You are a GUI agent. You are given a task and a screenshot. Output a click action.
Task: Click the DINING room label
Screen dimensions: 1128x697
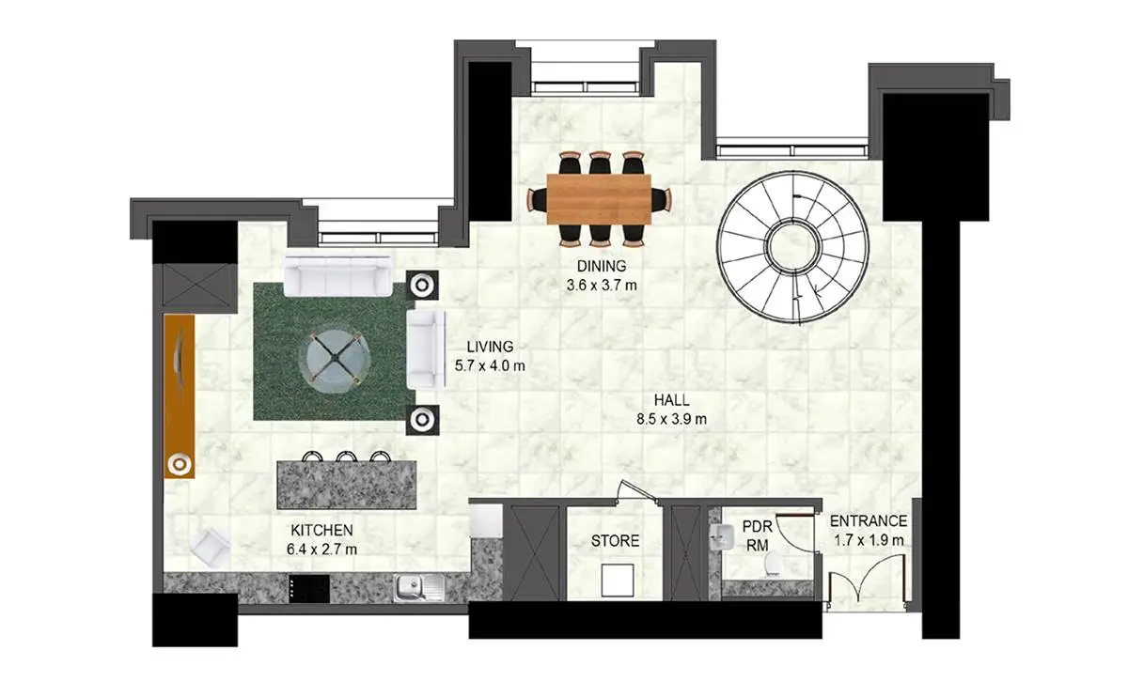602,266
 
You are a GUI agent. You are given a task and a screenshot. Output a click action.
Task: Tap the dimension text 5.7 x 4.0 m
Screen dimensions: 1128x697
490,365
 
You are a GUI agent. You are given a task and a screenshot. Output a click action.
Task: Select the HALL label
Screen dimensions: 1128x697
671,400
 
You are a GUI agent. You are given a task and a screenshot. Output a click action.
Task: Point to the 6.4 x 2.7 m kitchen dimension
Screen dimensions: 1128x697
321,549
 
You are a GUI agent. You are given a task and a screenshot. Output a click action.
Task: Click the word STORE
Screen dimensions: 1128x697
615,540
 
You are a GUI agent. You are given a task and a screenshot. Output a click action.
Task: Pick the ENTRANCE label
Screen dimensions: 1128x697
869,520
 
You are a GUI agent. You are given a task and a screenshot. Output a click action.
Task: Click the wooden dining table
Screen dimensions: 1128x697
599,199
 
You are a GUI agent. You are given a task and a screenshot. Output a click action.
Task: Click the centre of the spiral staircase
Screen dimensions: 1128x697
793,246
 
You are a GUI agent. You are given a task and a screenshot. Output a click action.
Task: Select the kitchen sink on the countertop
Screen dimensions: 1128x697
419,587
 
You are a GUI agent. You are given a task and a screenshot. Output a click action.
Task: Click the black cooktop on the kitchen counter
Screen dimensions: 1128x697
309,588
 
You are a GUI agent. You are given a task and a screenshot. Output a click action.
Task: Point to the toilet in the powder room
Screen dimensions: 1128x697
773,565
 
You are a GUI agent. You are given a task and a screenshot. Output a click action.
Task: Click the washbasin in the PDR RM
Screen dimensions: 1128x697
723,536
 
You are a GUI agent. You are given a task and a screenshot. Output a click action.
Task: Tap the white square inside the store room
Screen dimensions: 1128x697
618,580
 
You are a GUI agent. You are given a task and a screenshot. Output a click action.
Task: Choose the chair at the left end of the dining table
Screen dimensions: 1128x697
537,199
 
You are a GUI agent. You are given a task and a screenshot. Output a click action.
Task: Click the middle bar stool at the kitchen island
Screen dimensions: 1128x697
347,457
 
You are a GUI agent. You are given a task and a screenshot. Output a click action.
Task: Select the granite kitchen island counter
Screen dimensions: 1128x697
347,485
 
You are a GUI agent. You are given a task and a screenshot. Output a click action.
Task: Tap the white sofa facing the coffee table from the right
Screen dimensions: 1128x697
426,349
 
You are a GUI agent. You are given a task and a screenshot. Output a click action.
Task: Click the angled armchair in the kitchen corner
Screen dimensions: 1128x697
210,548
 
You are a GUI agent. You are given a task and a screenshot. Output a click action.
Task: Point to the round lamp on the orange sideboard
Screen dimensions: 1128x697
180,464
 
